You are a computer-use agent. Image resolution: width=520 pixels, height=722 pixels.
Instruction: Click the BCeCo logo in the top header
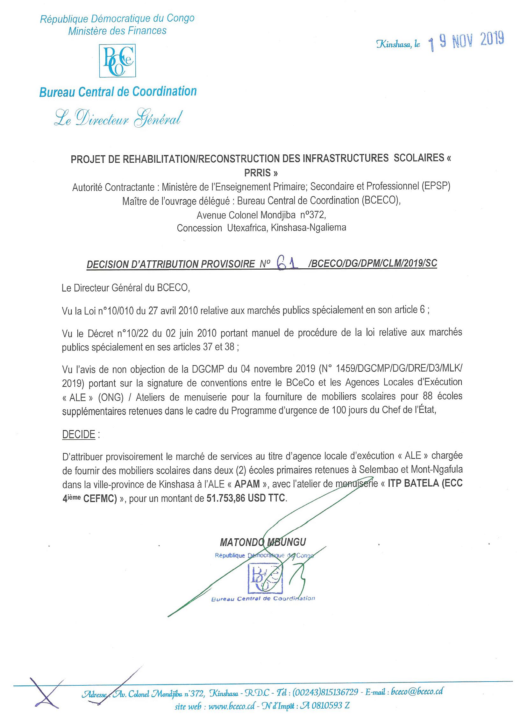pyautogui.click(x=117, y=60)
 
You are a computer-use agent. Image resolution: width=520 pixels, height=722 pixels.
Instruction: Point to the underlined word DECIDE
pyautogui.click(x=79, y=435)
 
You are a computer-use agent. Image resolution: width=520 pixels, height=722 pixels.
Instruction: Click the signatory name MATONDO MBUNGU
pyautogui.click(x=263, y=542)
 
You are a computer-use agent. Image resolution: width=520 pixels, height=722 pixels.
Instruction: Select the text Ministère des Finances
pyautogui.click(x=118, y=31)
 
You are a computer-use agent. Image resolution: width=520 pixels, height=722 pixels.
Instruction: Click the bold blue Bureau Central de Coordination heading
pyautogui.click(x=118, y=92)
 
